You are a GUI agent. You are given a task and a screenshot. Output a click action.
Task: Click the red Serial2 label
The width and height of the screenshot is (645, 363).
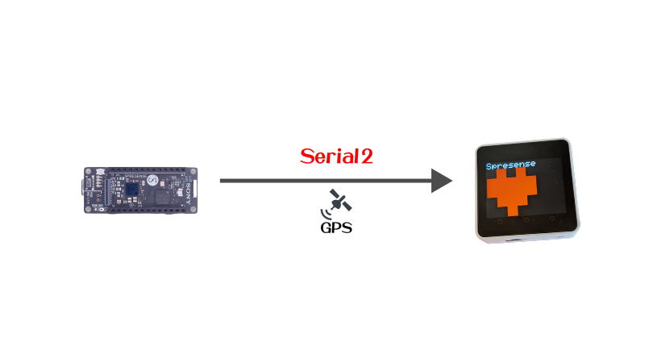pyautogui.click(x=336, y=156)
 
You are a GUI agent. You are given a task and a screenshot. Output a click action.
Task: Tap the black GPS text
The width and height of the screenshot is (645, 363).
pyautogui.click(x=336, y=227)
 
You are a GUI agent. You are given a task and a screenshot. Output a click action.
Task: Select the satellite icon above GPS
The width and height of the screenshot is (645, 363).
pyautogui.click(x=340, y=200)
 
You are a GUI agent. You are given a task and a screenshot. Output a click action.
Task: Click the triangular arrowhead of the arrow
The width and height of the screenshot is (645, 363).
pyautogui.click(x=442, y=181)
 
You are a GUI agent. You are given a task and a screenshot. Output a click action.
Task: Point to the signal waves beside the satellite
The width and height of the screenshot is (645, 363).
pyautogui.click(x=326, y=214)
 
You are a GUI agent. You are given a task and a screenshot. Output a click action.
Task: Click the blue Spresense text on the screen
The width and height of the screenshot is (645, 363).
pyautogui.click(x=510, y=165)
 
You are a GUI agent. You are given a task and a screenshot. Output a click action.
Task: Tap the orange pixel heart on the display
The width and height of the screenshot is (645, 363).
pyautogui.click(x=512, y=191)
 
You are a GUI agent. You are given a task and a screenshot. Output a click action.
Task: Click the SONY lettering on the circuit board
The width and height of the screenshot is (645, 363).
pyautogui.click(x=189, y=194)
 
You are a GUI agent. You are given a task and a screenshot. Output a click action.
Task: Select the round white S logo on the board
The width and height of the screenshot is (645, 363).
pyautogui.click(x=152, y=180)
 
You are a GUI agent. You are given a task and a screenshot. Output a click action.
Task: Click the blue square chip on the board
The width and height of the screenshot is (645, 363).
pyautogui.click(x=132, y=190)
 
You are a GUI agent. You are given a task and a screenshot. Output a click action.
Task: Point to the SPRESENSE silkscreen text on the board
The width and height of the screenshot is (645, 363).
pyautogui.click(x=135, y=176)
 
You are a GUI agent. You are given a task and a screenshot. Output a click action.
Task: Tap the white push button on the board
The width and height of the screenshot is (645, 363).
pyautogui.click(x=99, y=172)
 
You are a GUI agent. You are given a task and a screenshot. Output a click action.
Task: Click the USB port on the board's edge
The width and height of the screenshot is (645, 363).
pyautogui.click(x=83, y=190)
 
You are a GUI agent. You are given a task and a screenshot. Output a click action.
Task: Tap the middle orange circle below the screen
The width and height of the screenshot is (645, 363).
pyautogui.click(x=526, y=220)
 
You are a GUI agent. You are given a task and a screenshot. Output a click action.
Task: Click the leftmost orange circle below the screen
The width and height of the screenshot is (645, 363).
pyautogui.click(x=500, y=222)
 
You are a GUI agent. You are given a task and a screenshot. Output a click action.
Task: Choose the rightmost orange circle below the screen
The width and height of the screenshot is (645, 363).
pyautogui.click(x=552, y=218)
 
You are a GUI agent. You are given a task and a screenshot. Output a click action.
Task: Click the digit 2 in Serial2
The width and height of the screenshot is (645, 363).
pyautogui.click(x=367, y=156)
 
